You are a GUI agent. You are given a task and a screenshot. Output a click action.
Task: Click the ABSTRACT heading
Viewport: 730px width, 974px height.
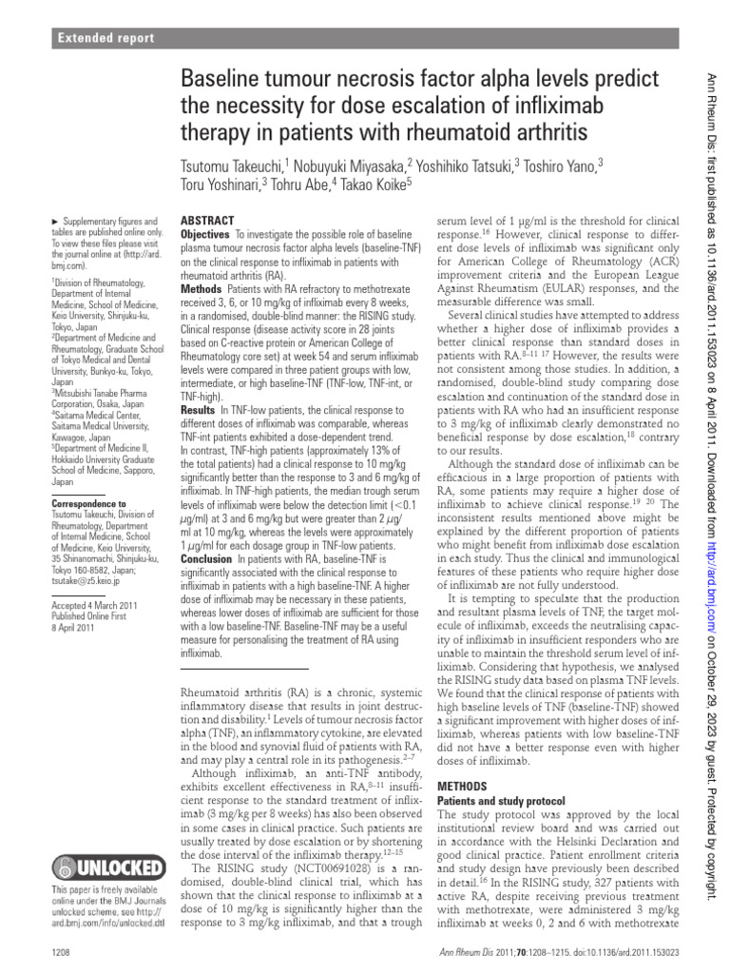click(x=207, y=220)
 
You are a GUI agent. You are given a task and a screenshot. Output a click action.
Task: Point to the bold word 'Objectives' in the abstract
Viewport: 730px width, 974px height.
click(x=204, y=234)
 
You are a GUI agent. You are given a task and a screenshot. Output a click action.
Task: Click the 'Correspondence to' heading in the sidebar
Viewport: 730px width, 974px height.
click(x=88, y=503)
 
